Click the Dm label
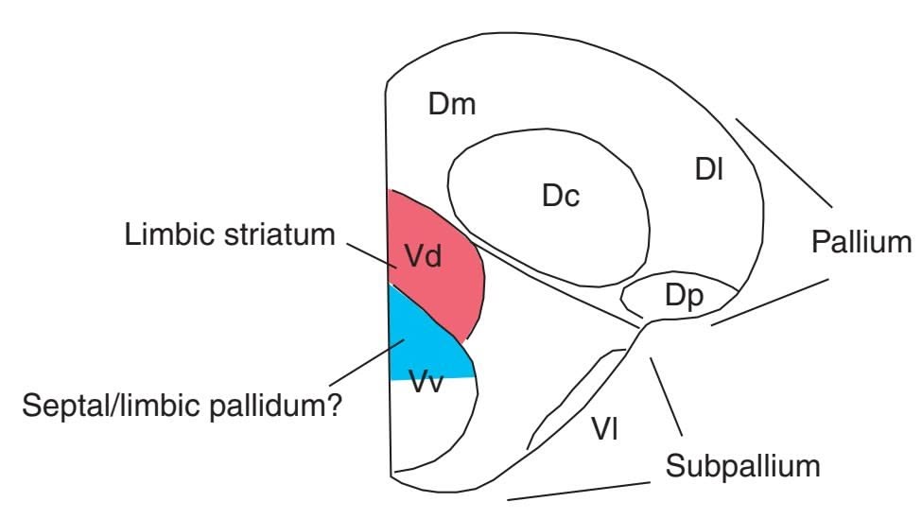tap(451, 105)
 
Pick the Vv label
tap(427, 384)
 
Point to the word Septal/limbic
tap(103, 408)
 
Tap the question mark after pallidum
tap(334, 408)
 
